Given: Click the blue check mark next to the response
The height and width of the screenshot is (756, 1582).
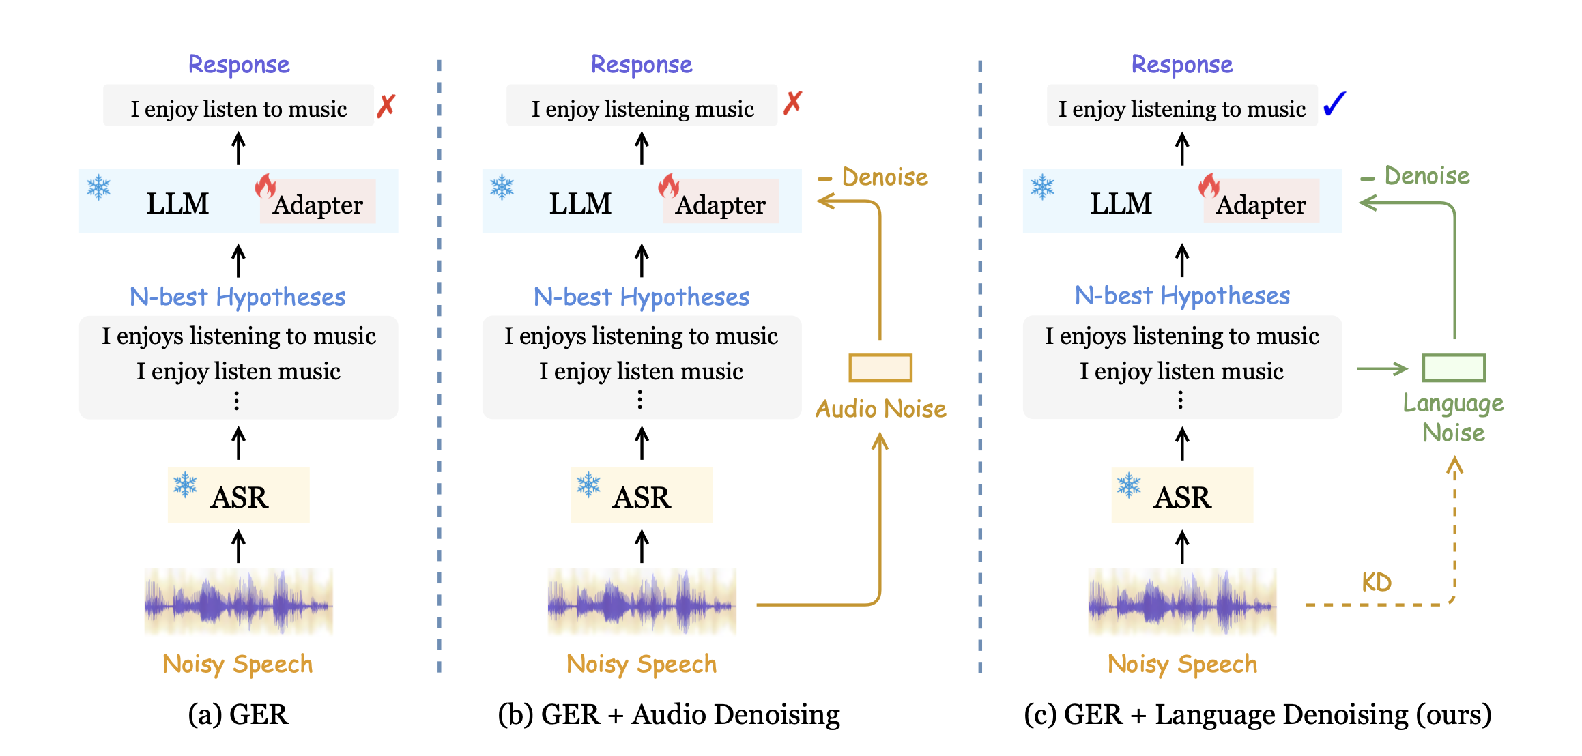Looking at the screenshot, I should pos(1334,104).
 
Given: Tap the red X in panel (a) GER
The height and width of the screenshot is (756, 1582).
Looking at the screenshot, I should pos(386,106).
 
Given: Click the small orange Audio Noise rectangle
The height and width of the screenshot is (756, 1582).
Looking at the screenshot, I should pos(880,368).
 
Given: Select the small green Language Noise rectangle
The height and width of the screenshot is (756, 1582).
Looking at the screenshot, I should pos(1454,368).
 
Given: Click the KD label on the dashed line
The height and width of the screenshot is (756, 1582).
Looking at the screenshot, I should pos(1376,582).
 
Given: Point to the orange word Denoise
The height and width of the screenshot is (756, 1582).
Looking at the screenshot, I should pos(885,177).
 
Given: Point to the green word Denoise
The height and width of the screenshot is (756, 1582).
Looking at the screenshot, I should pos(1426,176).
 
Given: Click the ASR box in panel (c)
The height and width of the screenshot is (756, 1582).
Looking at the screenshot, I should pos(1182,496).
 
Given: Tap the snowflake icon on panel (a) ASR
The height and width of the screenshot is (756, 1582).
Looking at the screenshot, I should pos(185,484).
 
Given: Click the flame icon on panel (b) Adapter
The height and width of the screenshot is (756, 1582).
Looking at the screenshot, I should pos(669,185).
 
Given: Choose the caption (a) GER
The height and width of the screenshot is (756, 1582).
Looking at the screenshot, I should pos(238,714).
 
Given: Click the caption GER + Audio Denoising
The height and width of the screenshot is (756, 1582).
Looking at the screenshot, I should pos(669,714).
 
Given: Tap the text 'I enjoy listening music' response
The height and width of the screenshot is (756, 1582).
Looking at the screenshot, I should pos(642,108).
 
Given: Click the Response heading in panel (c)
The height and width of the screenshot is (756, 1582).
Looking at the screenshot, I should pos(1182,65).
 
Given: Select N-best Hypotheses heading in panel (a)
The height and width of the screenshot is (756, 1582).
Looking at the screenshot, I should pos(238,297).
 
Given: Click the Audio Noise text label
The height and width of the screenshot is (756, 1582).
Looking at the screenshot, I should pos(880,409).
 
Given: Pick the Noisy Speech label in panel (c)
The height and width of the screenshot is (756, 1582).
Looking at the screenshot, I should pos(1182,664).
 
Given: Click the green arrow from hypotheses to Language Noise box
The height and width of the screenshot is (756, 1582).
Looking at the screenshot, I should pos(1382,369).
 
